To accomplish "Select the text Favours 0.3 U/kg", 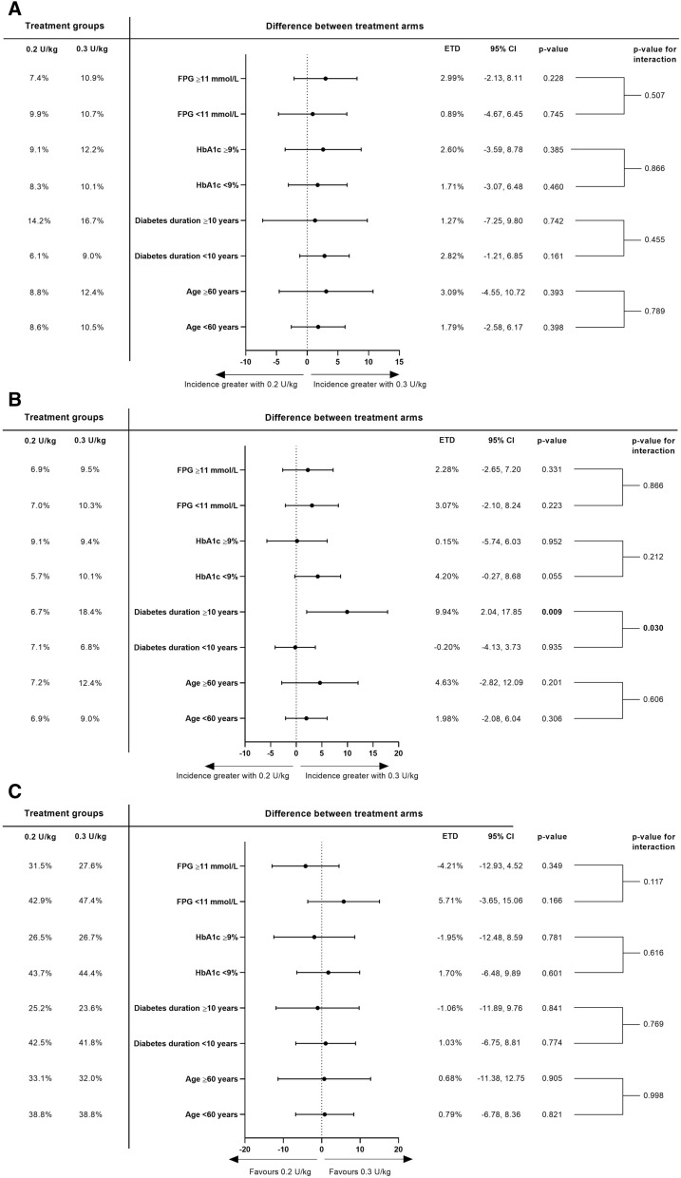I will pyautogui.click(x=360, y=1171).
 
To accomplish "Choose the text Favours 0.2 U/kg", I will pyautogui.click(x=281, y=1171).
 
